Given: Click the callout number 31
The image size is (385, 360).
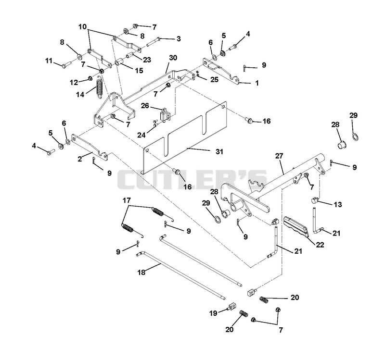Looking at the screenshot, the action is (x=219, y=152).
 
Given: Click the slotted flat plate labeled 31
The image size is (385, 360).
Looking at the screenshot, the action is (x=185, y=137).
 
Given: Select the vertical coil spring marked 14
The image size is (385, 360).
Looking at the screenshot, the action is (x=99, y=87).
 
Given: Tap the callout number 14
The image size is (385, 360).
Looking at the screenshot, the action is (x=80, y=94).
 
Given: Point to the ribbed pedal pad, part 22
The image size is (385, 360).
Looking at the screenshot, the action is (x=296, y=227).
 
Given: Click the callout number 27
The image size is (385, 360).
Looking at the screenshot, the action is (x=279, y=156).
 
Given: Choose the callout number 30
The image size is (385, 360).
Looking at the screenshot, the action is (x=173, y=58).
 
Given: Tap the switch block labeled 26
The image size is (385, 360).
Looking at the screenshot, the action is (x=165, y=114).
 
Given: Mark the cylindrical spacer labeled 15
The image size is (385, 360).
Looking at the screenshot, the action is (x=119, y=61).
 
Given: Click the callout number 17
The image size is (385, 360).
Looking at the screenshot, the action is (x=127, y=200).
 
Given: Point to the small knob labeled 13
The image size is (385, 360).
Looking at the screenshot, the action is (x=315, y=200).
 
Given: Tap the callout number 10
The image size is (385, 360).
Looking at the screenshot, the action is (x=83, y=26).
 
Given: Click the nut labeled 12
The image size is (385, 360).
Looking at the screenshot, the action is (x=90, y=78).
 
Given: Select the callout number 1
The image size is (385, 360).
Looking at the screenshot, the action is (x=257, y=83).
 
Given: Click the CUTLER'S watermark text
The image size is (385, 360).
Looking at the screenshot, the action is (x=192, y=179).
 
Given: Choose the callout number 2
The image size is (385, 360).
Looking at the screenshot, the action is (x=79, y=159).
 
